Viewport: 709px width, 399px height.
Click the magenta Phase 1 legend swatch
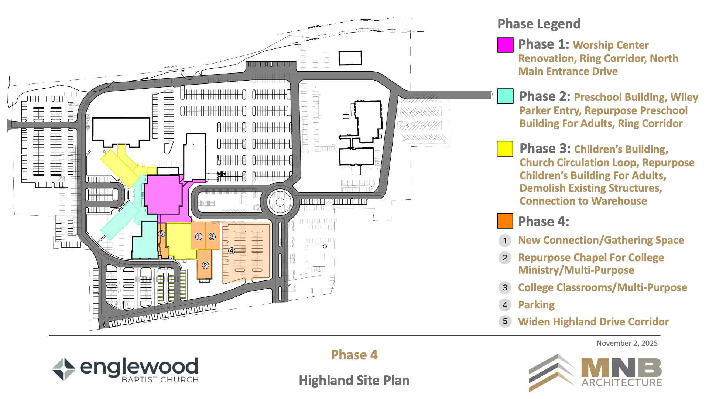(505, 45)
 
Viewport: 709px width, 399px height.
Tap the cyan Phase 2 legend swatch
(505, 96)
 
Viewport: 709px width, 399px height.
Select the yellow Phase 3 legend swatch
(505, 149)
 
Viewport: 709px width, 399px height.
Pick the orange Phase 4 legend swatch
(505, 221)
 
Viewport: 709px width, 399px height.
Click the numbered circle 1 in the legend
(505, 241)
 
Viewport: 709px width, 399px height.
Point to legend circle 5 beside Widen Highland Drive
(505, 321)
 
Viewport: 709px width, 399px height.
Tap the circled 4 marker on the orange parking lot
(232, 250)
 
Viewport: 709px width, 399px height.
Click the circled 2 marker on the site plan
(205, 265)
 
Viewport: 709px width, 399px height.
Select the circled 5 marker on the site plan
(161, 233)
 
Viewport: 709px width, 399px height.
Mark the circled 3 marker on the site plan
(212, 236)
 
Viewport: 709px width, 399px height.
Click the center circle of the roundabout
(280, 202)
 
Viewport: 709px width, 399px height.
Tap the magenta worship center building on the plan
(163, 195)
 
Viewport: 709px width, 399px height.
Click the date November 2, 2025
(627, 343)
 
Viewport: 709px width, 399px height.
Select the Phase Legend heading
(539, 24)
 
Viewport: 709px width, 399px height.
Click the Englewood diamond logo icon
(64, 369)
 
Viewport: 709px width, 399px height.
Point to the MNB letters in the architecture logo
(621, 368)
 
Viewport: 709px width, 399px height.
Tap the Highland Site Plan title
(354, 381)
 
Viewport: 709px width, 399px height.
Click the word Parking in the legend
(536, 305)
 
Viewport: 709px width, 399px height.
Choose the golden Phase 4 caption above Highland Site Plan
(354, 355)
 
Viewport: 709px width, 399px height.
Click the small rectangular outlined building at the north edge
(350, 58)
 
